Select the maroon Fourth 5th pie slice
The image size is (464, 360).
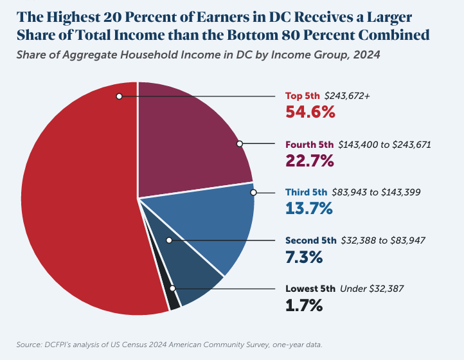click(186, 141)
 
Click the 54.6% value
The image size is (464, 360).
click(310, 112)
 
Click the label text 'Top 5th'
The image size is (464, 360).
click(303, 96)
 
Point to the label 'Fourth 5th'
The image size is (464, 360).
click(310, 145)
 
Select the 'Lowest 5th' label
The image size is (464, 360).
click(310, 289)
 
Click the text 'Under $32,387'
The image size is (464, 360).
click(372, 289)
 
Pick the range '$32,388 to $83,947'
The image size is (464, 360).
click(382, 240)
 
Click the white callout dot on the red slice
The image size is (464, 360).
click(120, 96)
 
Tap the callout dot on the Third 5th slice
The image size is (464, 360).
click(254, 192)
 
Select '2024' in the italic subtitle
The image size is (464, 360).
click(367, 55)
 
